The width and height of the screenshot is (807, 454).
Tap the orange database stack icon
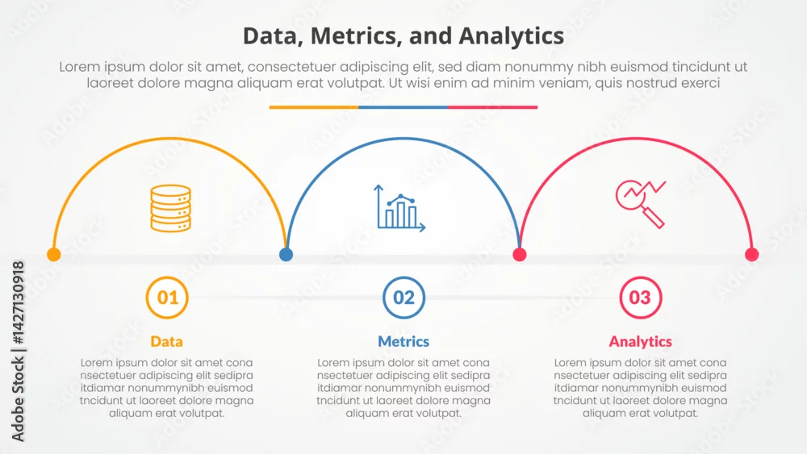point(171,208)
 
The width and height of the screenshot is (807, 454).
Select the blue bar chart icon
point(400,208)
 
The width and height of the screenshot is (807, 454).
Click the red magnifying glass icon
point(641,204)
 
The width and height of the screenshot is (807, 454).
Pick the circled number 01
point(167,298)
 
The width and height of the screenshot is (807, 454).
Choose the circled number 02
point(404,298)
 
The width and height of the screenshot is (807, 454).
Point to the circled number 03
point(640,298)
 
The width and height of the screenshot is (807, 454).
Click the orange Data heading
point(167,341)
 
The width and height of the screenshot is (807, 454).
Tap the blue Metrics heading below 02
point(403,341)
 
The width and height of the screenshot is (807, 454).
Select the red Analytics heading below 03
point(640,341)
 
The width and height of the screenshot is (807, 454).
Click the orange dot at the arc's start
point(54,254)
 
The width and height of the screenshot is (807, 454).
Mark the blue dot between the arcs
point(286,254)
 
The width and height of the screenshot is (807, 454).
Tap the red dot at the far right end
point(752,254)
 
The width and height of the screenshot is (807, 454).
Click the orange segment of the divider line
point(314,107)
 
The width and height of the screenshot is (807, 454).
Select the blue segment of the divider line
point(403,107)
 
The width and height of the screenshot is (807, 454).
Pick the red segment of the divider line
point(493,107)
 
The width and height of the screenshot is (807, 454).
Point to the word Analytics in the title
point(511,36)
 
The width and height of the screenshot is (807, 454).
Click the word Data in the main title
point(273,36)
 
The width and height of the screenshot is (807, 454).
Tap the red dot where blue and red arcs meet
point(519,254)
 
